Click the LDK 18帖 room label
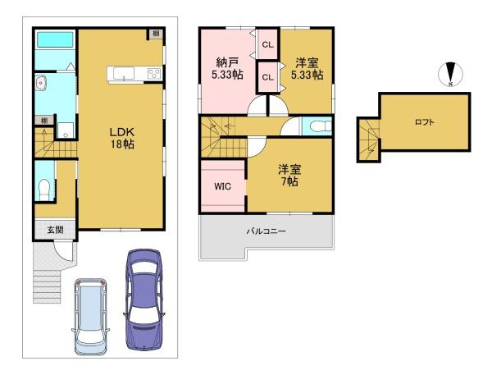pos(122,138)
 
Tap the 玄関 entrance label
pos(55,230)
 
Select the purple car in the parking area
pos(143,300)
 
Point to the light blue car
pos(90,316)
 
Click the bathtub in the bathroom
pos(55,39)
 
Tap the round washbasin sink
pos(40,83)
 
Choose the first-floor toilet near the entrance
pos(43,190)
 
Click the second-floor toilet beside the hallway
pos(320,126)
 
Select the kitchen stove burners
pos(154,74)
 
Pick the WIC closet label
pos(222,186)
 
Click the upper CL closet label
pos(267,45)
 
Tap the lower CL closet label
pos(267,77)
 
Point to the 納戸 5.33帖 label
pos(227,69)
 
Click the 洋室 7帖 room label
pos(289,176)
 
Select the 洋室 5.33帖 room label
pos(307,69)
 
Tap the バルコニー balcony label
pos(266,231)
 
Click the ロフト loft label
pos(425,122)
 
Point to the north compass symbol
pos(450,75)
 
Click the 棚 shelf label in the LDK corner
pos(156,34)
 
